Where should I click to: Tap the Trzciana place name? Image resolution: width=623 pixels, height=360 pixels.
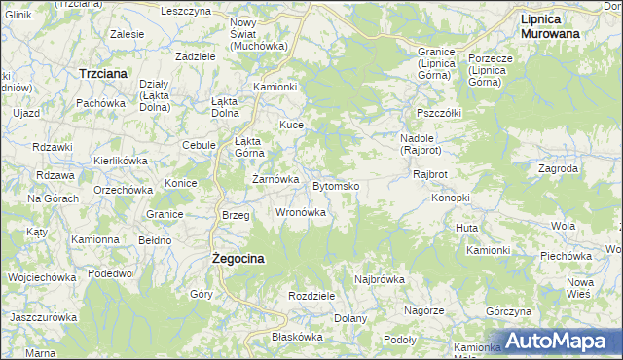click(x=106, y=73)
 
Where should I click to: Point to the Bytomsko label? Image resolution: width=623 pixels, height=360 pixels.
click(x=337, y=185)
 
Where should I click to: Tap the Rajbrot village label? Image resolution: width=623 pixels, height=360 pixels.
click(x=429, y=175)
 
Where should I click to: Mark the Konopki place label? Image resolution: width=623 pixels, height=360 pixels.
click(x=451, y=198)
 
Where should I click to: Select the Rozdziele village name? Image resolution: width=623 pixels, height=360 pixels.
click(x=312, y=296)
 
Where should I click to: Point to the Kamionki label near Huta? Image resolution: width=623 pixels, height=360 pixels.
click(x=488, y=250)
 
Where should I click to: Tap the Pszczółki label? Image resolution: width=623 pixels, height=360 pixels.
click(x=437, y=112)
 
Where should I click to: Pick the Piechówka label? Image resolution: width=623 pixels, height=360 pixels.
click(x=567, y=256)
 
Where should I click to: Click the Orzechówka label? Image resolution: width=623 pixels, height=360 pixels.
click(x=121, y=189)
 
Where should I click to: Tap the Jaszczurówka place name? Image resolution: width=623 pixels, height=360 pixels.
click(x=43, y=317)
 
